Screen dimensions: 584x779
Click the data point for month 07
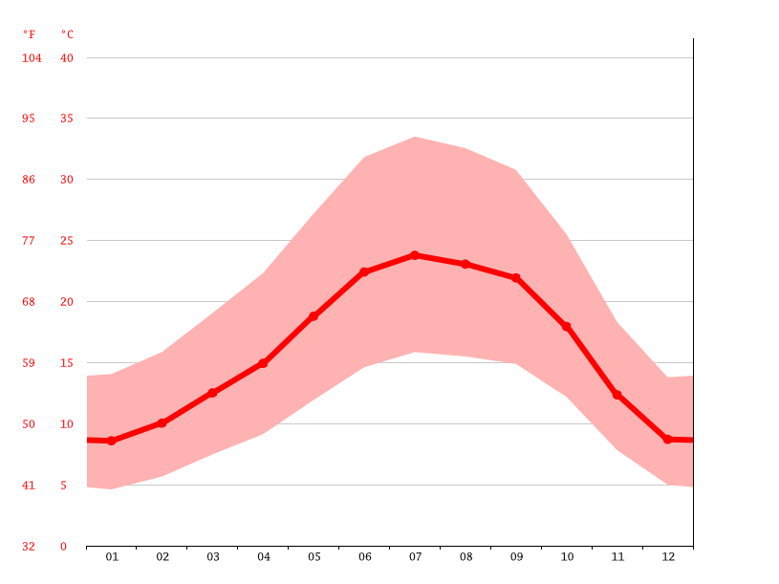click(415, 255)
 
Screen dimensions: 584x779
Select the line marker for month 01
click(111, 441)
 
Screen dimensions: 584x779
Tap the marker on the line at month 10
click(567, 327)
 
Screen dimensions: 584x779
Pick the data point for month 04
click(263, 363)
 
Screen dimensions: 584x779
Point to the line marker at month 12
click(668, 439)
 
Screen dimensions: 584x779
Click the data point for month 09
click(516, 278)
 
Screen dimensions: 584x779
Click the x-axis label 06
click(364, 556)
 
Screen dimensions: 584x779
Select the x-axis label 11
click(617, 556)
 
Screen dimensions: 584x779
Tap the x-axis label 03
click(212, 556)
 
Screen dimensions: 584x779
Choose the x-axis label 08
click(465, 556)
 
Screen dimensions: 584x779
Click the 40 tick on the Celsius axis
click(67, 58)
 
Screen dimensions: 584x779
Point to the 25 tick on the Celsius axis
click(67, 241)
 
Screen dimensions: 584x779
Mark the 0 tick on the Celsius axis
click(64, 547)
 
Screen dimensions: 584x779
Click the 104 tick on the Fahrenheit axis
click(32, 58)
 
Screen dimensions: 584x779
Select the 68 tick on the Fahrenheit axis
click(29, 302)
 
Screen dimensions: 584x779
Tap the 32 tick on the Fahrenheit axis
click(29, 547)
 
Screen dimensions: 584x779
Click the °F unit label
click(29, 34)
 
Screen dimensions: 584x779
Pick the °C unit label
click(67, 34)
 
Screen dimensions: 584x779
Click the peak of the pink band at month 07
click(415, 137)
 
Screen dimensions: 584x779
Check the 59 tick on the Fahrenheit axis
click(29, 363)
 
